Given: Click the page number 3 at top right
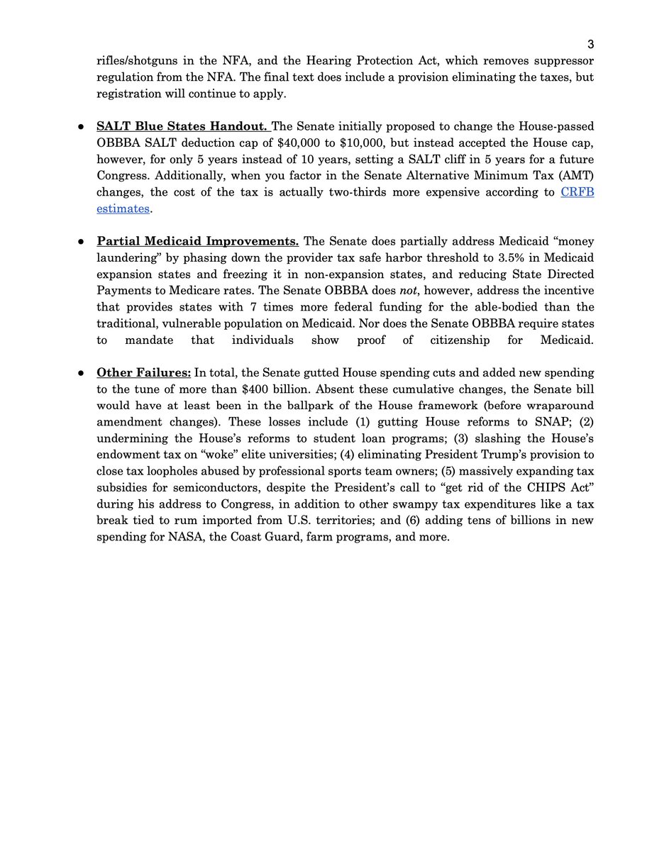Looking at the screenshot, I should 590,44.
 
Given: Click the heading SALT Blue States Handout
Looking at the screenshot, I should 182,127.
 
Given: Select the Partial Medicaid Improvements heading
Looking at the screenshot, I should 197,240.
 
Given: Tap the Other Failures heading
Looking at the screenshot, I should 143,372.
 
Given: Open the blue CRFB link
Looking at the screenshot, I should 577,192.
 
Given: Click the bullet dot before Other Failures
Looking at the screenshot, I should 82,373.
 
